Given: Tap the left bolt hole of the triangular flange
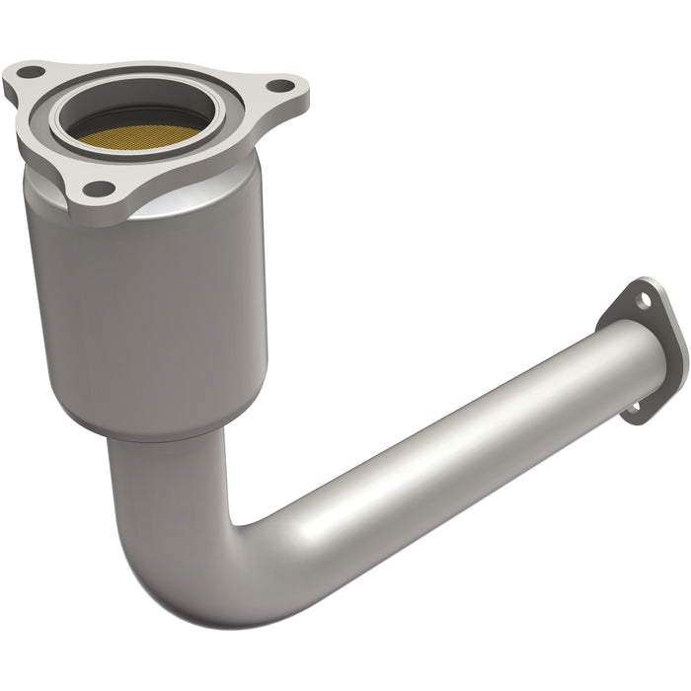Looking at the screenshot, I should pos(29,72).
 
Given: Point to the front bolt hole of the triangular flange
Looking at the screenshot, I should pos(98,187).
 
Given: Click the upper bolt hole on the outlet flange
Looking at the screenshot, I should pos(644,297).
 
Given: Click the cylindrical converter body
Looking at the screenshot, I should pos(148,296).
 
